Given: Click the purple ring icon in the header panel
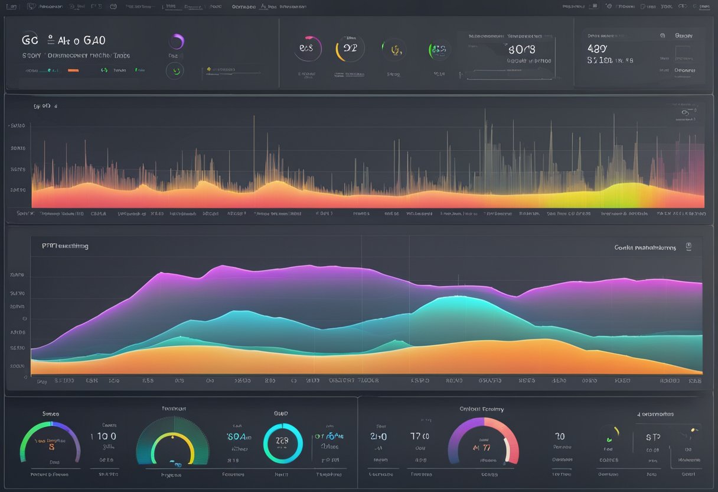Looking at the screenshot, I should coord(177,41).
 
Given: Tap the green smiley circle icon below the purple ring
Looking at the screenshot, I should coord(174,71).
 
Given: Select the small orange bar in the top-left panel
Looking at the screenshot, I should coord(73,70).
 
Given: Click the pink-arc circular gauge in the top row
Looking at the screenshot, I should coord(307,48).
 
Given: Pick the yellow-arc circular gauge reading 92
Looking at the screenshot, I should coord(350,48).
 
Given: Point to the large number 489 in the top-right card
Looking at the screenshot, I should coord(597,49).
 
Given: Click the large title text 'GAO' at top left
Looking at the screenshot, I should coord(94,41).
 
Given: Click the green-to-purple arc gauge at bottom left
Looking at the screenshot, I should coord(50,442).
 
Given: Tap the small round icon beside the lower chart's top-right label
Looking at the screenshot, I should coord(688,247).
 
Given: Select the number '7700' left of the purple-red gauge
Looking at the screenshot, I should coord(419,436).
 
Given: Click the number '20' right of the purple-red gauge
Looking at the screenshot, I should coord(559,436).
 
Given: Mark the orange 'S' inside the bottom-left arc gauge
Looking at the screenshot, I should coord(51,448).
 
